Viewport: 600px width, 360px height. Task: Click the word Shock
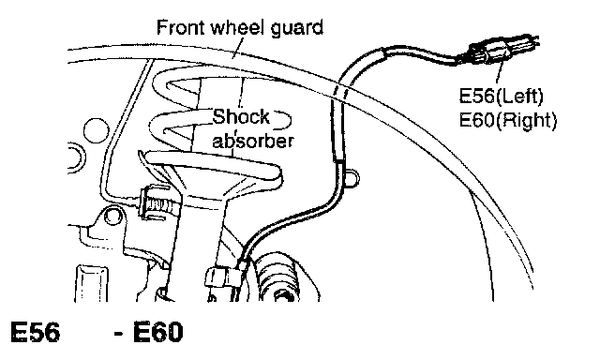[241, 117]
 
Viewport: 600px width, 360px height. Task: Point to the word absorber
[253, 141]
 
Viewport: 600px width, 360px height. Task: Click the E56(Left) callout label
[501, 97]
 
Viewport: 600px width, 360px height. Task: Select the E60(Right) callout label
[508, 121]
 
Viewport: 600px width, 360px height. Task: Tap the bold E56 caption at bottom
[36, 332]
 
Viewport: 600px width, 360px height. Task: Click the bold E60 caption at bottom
[158, 332]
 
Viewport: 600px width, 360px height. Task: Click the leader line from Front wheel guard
[238, 49]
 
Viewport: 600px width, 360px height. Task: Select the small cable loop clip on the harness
[352, 177]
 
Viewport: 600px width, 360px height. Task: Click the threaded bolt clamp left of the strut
[157, 202]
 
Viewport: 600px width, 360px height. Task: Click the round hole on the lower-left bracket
[112, 217]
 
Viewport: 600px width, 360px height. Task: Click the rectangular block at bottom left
[92, 284]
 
